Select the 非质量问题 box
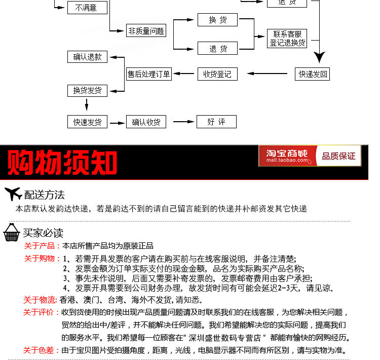[x=146, y=30]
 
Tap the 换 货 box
[x=217, y=20]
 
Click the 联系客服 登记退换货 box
[x=287, y=39]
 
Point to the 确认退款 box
[x=87, y=57]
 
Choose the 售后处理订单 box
[x=149, y=74]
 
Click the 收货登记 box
[x=217, y=74]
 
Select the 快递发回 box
[x=312, y=74]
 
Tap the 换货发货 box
[x=87, y=90]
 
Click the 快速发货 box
[x=87, y=122]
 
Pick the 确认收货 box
[x=146, y=122]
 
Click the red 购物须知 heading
[x=62, y=163]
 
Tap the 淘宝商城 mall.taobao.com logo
[x=287, y=156]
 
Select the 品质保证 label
[x=338, y=156]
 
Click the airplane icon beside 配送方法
[x=13, y=194]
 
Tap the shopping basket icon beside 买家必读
[x=12, y=233]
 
